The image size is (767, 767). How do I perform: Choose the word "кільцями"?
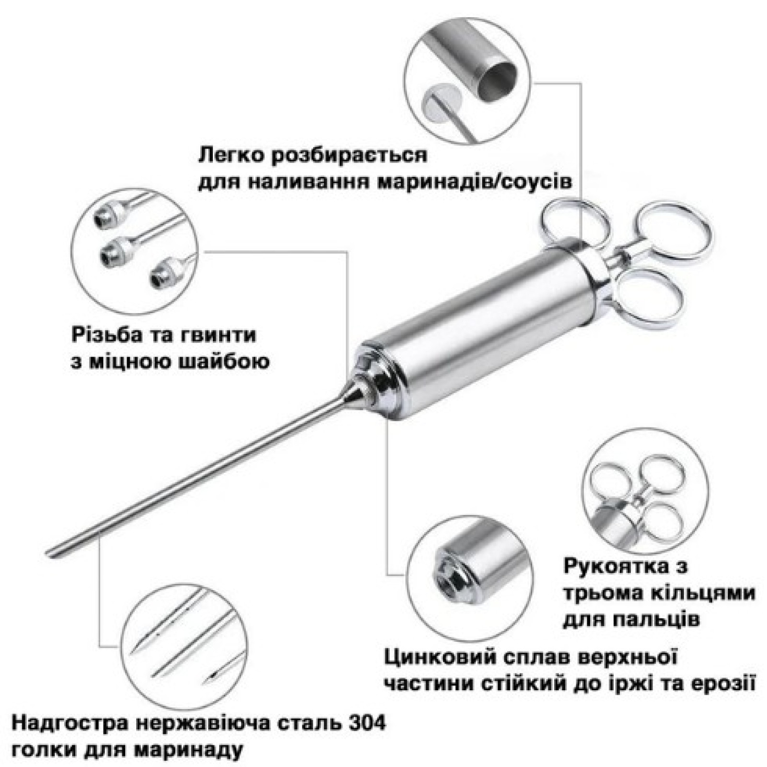[x=706, y=593]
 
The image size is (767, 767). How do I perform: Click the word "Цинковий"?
[x=434, y=658]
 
